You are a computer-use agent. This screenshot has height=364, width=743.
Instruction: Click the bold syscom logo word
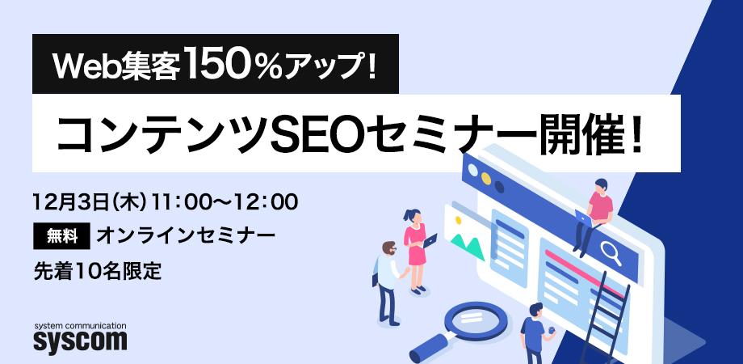click(80, 340)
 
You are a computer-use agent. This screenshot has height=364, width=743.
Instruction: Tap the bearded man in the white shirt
click(387, 279)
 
